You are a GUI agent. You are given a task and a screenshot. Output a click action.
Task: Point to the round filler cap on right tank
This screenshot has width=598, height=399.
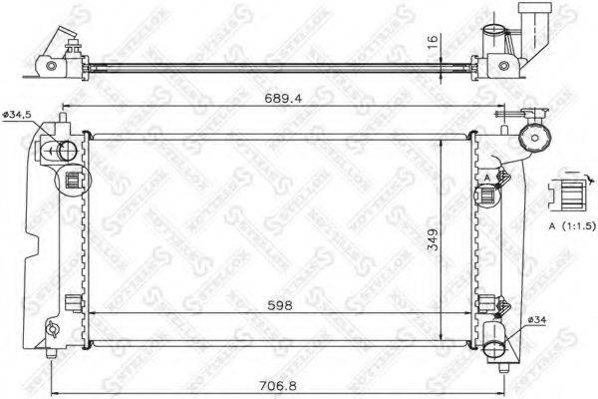(x=539, y=139)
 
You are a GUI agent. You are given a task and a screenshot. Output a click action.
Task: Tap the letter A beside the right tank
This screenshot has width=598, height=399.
(x=485, y=178)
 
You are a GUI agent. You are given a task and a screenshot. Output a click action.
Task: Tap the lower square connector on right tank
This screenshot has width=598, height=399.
(x=488, y=303)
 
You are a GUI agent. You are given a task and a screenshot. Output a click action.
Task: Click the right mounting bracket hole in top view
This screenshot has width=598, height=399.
(x=505, y=66)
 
